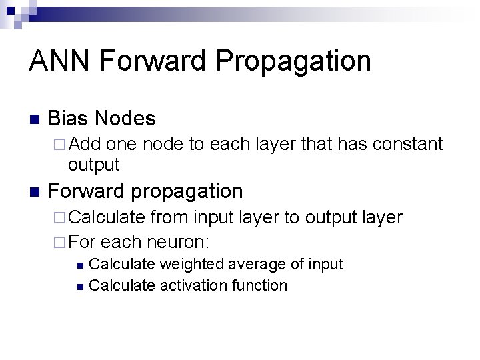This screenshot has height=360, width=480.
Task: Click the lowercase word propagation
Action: click(x=187, y=192)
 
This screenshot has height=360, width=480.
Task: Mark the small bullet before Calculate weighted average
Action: click(x=80, y=265)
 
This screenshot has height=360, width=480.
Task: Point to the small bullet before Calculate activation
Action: click(x=80, y=287)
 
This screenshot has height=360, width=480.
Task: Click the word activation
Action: click(x=193, y=285)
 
